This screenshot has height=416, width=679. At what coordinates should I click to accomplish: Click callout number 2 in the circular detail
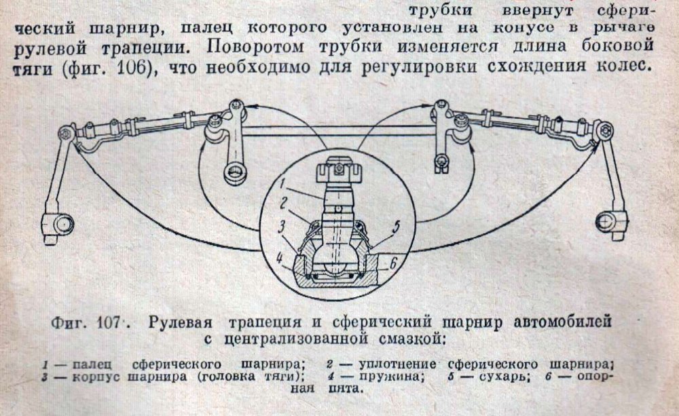(x=284, y=203)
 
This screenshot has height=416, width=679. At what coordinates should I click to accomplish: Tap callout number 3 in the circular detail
(x=282, y=227)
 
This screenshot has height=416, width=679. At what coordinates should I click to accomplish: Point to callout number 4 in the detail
(x=280, y=259)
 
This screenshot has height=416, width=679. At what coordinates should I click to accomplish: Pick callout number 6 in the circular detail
(x=393, y=263)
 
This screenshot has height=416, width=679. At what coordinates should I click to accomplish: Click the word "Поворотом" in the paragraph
(x=255, y=46)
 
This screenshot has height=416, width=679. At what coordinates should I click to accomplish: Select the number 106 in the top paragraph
(x=132, y=68)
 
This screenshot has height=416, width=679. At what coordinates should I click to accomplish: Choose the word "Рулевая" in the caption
(x=181, y=323)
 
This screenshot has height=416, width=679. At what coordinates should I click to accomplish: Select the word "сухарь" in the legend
(x=504, y=377)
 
